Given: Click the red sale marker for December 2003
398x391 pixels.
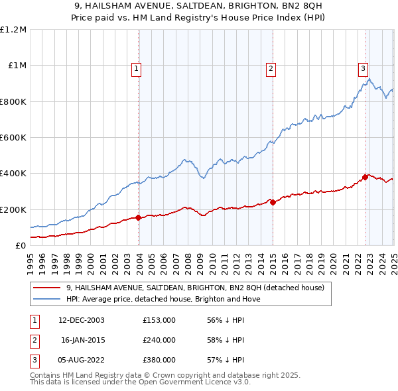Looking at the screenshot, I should click(139, 217).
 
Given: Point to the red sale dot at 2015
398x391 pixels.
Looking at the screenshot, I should click(273, 201).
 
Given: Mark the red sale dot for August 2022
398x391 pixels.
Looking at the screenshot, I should click(365, 177).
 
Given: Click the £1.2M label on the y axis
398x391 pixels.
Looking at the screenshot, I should click(13, 30).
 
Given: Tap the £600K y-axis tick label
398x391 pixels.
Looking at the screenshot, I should click(13, 138).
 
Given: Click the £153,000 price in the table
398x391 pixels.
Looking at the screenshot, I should click(159, 319).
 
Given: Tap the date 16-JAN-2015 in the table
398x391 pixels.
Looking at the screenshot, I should click(82, 340).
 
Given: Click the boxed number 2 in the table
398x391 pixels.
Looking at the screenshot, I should click(34, 340).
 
